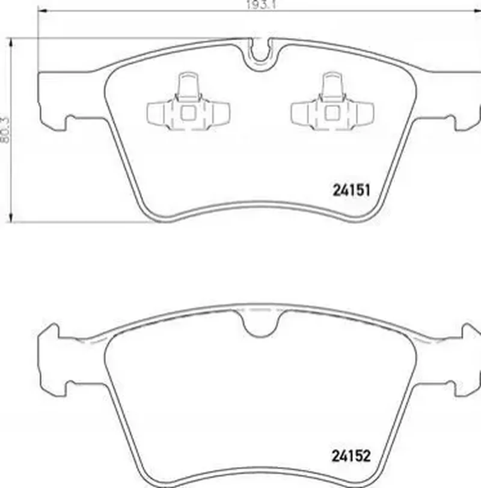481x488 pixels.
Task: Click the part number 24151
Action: coord(352,190)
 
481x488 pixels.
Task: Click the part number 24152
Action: coord(351,456)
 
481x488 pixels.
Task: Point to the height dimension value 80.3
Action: coord(5,130)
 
